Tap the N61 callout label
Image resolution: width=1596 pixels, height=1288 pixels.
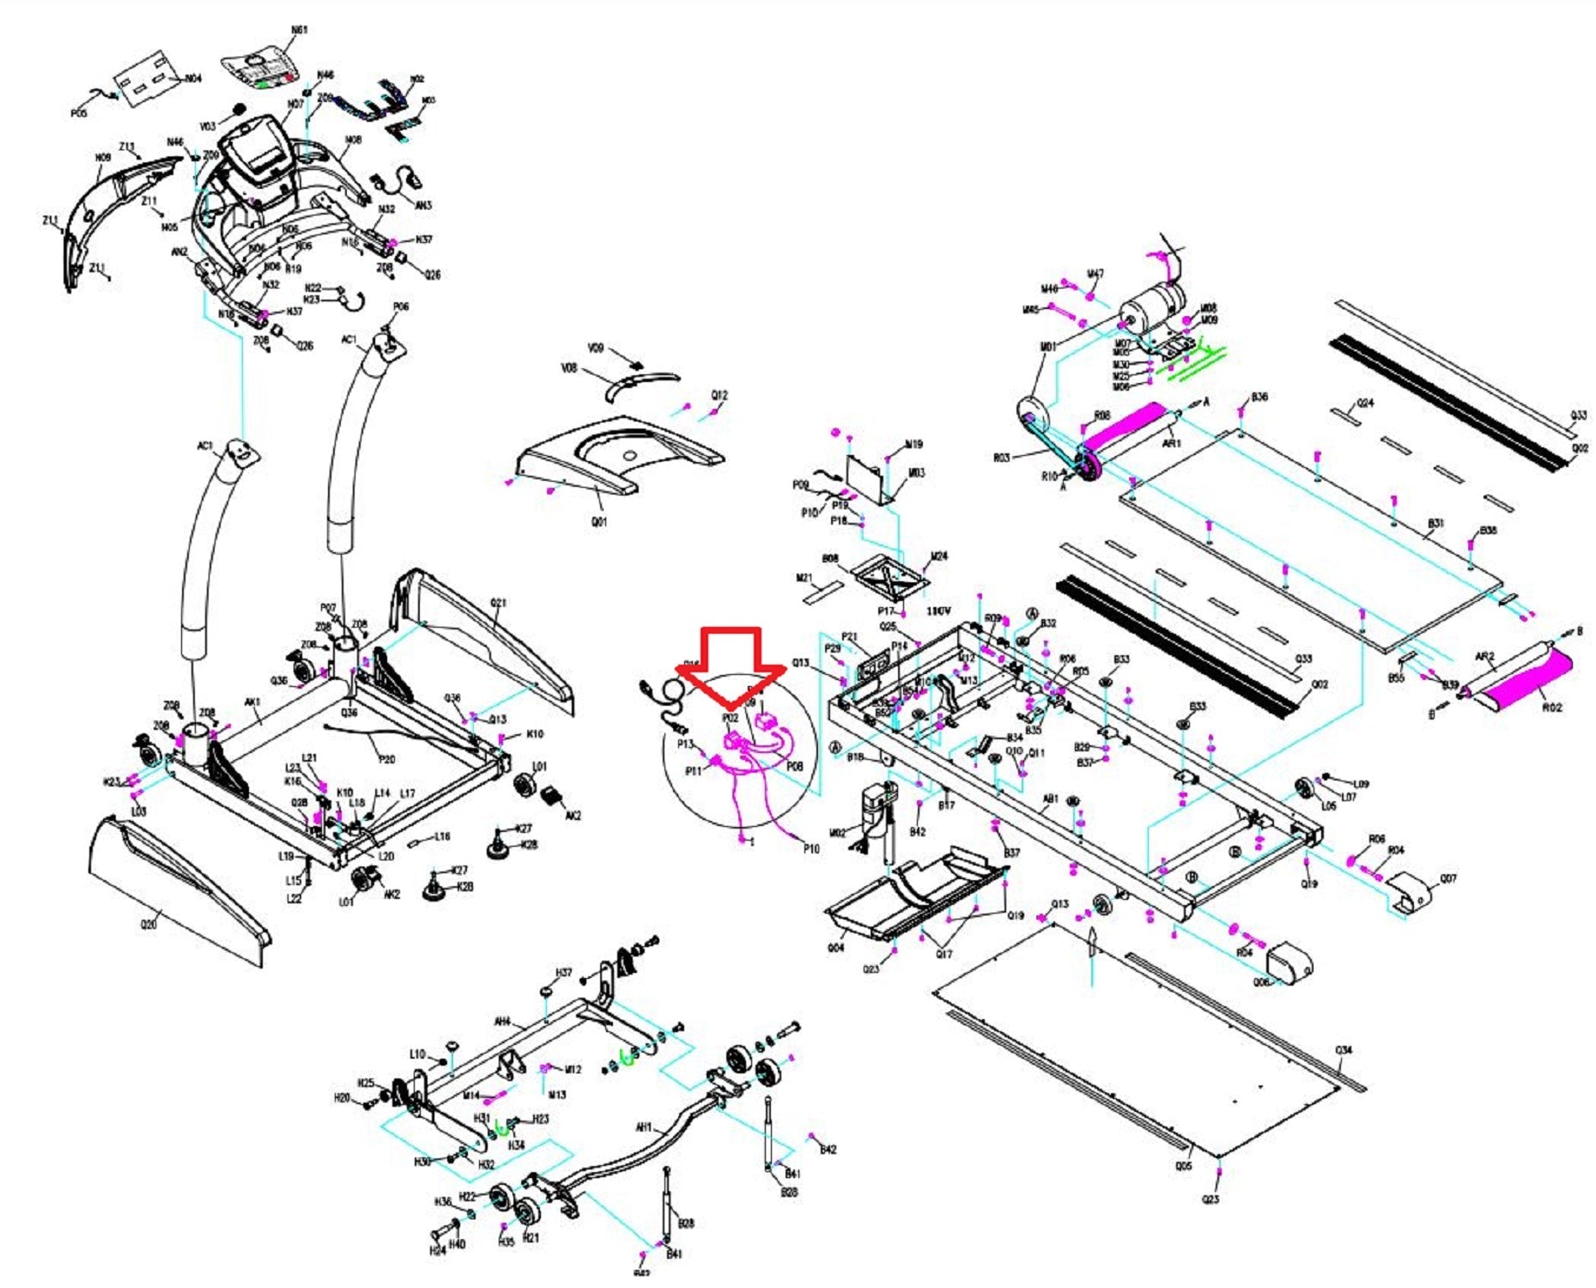tap(299, 30)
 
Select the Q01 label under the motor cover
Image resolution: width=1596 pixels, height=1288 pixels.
tap(598, 521)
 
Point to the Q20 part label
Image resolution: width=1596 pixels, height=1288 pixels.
tap(149, 925)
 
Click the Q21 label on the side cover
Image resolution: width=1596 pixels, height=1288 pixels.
tap(498, 603)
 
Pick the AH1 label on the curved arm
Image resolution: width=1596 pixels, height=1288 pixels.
tap(644, 1127)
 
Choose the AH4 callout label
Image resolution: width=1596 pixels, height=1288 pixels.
tap(502, 1022)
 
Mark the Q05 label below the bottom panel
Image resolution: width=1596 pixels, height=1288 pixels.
tap(1183, 1166)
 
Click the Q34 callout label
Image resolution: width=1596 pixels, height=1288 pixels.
tap(1344, 1050)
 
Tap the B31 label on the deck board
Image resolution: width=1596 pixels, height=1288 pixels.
tap(1435, 523)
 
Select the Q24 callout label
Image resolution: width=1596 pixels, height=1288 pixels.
tap(1365, 403)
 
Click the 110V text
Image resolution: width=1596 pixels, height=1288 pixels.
tap(938, 611)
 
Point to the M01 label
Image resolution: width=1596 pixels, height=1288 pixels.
tap(1048, 347)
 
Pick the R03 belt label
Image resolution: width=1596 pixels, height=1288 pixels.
tap(1001, 458)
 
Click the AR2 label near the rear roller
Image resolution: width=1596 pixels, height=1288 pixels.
tap(1484, 657)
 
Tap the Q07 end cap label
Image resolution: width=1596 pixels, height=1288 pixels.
tap(1448, 878)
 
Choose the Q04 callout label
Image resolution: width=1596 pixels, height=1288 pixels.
tap(835, 948)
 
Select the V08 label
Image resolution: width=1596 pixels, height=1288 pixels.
tap(568, 368)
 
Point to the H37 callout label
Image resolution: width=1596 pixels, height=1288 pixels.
tap(563, 973)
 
